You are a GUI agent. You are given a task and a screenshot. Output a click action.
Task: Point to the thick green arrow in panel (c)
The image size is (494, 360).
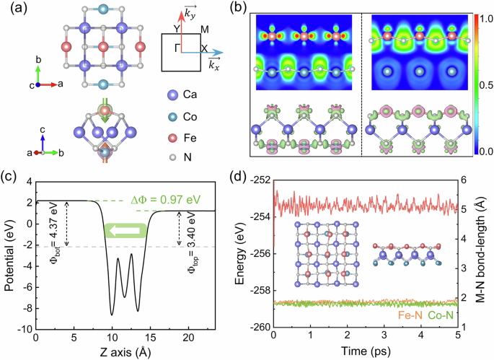coord(126,230)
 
